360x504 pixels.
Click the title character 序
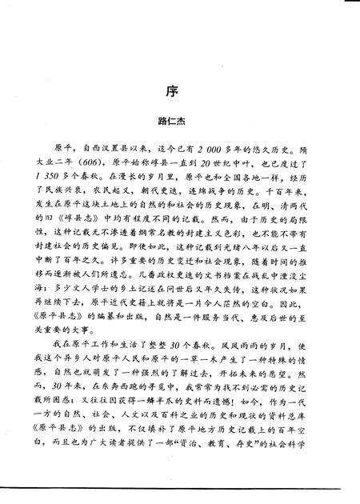tap(179, 89)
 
